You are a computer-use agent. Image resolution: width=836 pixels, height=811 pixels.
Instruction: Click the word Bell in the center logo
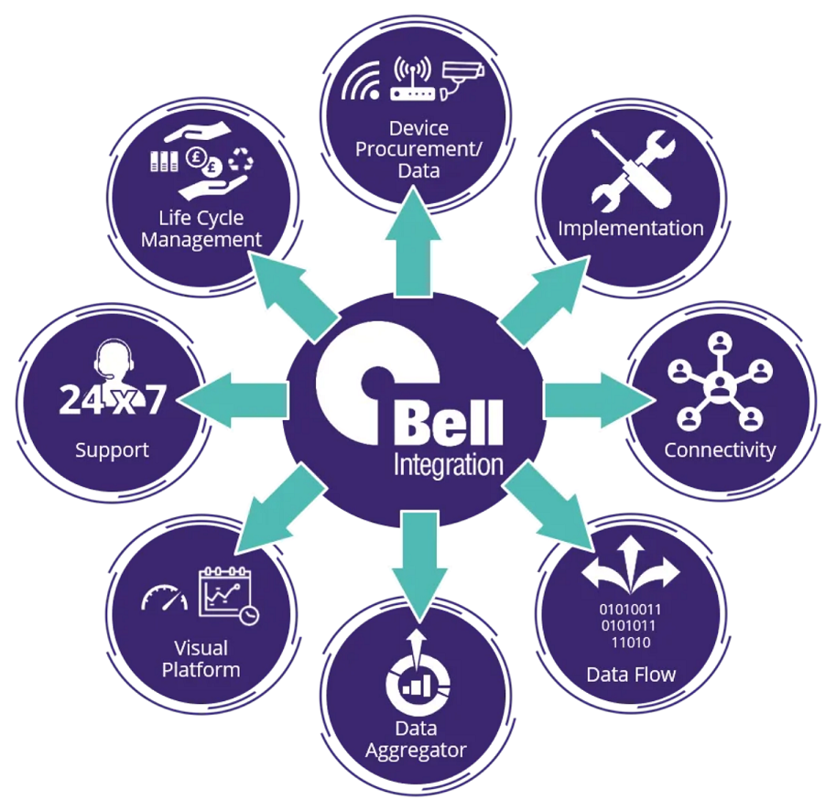point(448,423)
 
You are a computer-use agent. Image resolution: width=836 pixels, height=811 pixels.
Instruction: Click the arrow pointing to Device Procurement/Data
point(414,251)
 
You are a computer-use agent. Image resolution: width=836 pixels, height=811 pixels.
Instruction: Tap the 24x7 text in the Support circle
point(113,400)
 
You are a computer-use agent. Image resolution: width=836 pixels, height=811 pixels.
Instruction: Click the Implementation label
point(631,228)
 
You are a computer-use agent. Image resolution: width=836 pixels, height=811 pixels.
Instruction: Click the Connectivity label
point(720,450)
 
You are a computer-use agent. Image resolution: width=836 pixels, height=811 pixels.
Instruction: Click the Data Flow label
point(631,676)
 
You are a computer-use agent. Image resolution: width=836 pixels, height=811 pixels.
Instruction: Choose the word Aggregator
point(416,751)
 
